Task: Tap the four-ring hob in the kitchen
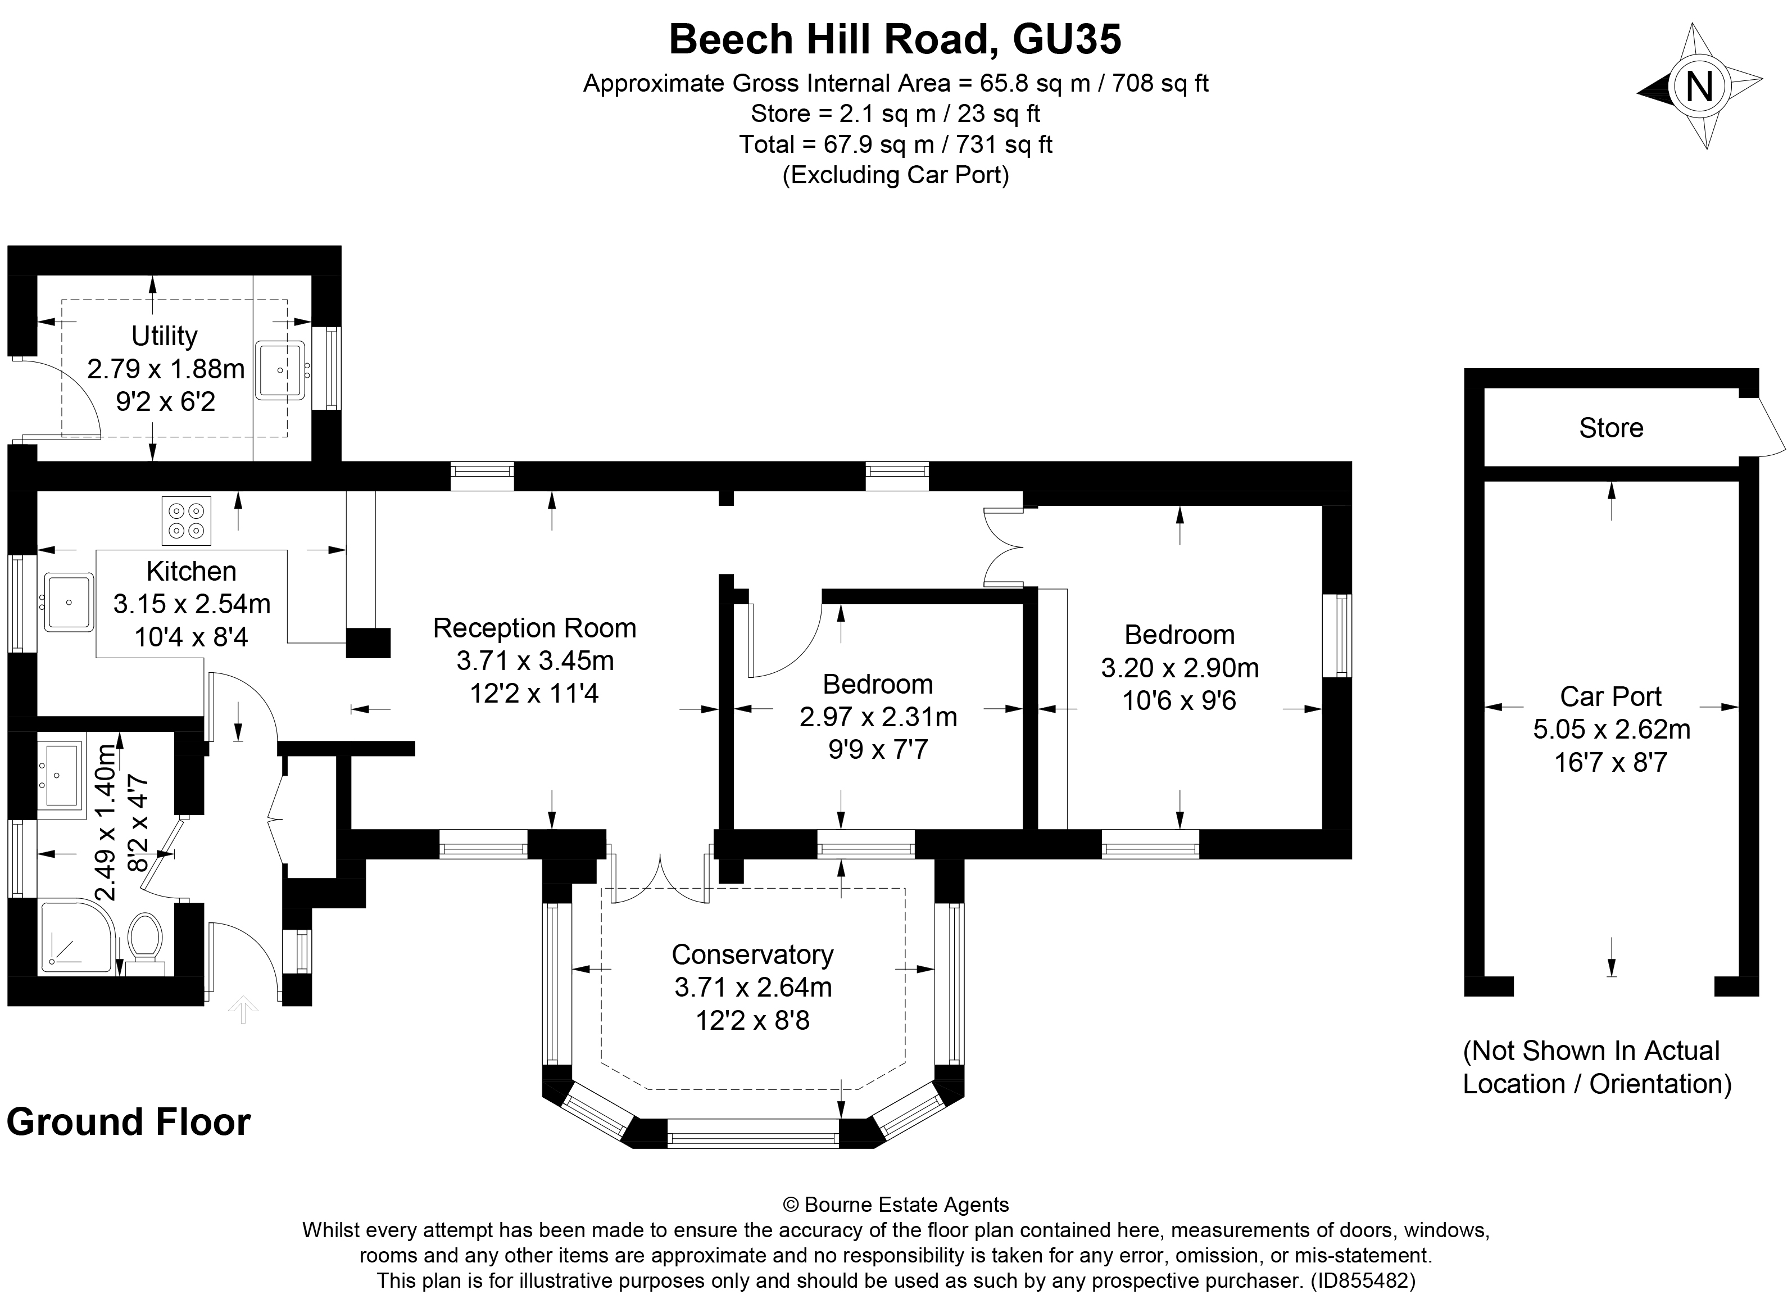click(187, 520)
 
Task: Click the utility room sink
click(280, 370)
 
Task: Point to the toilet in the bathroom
click(144, 939)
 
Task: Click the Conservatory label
click(752, 954)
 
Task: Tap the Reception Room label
click(534, 628)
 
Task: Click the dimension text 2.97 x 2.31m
click(878, 717)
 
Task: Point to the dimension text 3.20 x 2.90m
click(1179, 668)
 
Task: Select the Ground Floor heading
click(129, 1122)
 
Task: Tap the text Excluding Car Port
click(895, 175)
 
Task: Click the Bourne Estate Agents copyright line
click(895, 1205)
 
